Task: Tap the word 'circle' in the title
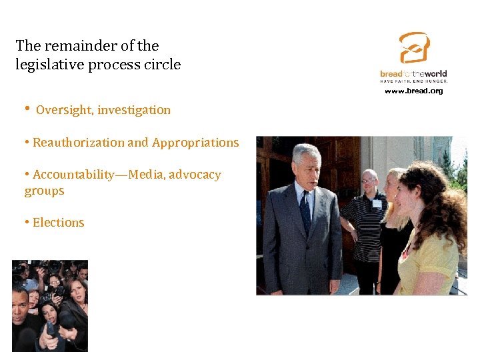pos(163,65)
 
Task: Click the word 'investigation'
pos(134,110)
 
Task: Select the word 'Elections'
pos(59,223)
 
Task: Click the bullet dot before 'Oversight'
pos(26,109)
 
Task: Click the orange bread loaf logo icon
pos(413,49)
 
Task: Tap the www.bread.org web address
pos(413,91)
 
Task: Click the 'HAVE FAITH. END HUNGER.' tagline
pos(413,81)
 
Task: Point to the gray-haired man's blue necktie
pos(305,211)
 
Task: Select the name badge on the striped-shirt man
pos(377,204)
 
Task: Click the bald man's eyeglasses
pos(369,180)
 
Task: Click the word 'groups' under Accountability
pos(45,191)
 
